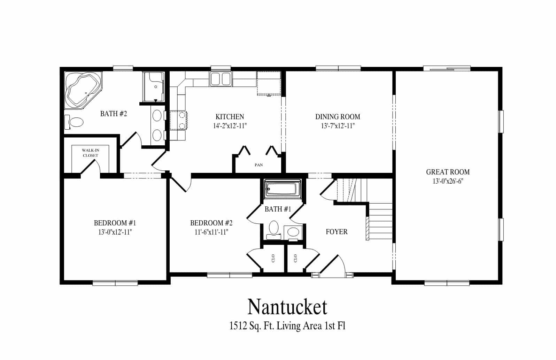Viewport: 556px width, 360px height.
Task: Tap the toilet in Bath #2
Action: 75,122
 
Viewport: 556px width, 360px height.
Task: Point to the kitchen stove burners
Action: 181,120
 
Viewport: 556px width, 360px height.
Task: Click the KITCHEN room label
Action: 230,117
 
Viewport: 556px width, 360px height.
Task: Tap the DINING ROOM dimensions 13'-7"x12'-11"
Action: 338,126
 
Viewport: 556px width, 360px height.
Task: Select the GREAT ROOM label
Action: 448,172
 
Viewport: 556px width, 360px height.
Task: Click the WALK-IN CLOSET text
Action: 90,153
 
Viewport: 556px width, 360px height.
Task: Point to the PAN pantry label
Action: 258,165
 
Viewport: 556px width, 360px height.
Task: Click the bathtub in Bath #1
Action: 281,190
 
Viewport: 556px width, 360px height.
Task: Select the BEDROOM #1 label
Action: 115,223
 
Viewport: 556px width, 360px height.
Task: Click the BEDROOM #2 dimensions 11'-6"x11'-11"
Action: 211,232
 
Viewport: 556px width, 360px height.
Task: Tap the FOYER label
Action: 337,232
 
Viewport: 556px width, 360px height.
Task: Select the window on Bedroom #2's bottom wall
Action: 230,275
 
